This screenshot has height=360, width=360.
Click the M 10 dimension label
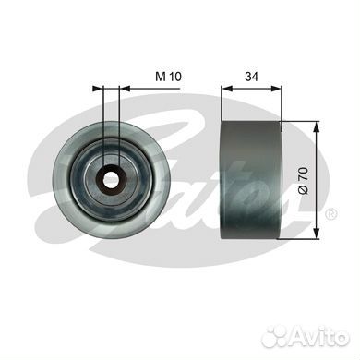[168, 77]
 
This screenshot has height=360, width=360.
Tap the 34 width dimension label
[251, 77]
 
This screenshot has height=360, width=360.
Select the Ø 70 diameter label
[303, 180]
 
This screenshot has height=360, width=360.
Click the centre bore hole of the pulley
[111, 179]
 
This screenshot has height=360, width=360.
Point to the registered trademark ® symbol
[331, 213]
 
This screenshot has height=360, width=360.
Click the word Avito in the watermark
[320, 336]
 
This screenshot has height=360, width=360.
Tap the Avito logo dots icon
[276, 336]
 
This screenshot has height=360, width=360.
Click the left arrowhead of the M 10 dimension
[98, 89]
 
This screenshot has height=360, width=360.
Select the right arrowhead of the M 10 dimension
[125, 89]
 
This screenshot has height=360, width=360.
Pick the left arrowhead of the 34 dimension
[227, 89]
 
